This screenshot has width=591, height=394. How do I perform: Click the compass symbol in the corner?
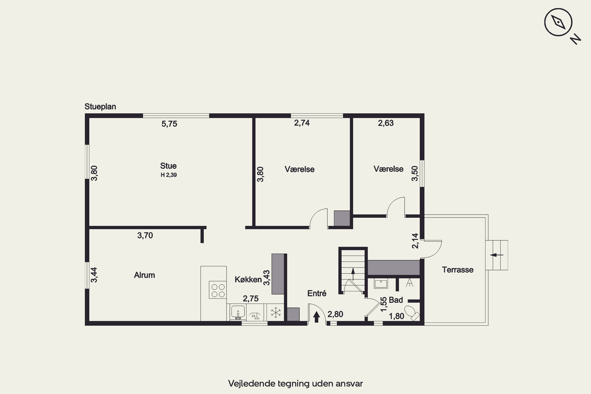(558, 22)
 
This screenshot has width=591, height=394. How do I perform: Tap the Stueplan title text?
(100, 107)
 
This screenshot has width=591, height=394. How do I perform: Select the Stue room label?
(168, 166)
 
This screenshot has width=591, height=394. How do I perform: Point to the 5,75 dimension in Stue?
(169, 124)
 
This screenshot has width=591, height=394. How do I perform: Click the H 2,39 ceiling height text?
(169, 175)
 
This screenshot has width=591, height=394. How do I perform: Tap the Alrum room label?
(144, 275)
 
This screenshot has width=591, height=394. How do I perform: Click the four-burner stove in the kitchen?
(218, 290)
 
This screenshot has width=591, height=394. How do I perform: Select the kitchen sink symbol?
(238, 312)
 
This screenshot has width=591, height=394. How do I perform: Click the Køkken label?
(248, 279)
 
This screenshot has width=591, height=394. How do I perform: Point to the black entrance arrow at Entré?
(316, 317)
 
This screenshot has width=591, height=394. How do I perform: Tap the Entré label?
(317, 293)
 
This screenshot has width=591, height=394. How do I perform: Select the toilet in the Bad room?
(412, 313)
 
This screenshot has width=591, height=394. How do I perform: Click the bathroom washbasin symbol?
(381, 283)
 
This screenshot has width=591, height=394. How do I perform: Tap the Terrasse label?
(458, 270)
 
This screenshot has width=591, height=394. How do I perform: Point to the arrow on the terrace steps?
(496, 255)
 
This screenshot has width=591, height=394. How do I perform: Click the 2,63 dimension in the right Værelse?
(386, 123)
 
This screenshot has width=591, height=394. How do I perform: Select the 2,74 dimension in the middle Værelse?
(302, 123)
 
